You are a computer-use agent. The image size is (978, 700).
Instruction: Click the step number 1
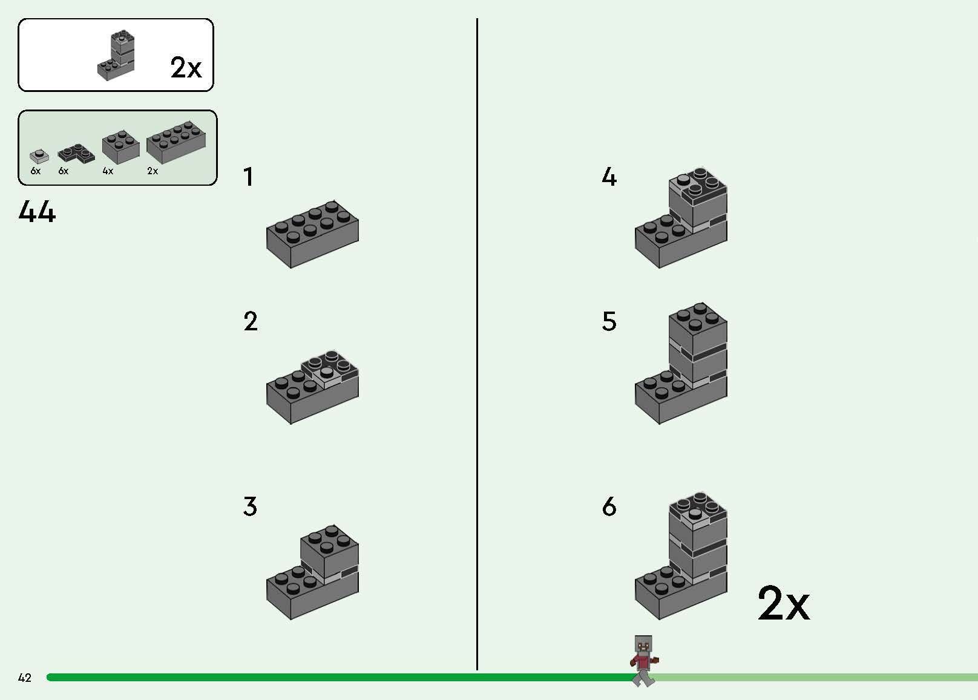[x=248, y=177]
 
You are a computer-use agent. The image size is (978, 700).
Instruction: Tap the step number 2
[x=251, y=321]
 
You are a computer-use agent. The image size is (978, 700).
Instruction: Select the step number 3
[x=250, y=506]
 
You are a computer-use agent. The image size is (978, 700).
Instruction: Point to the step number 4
[x=609, y=177]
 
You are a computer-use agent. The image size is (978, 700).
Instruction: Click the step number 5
[x=609, y=321]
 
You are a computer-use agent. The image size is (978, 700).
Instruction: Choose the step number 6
[x=609, y=506]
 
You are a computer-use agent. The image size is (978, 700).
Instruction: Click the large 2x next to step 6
[x=783, y=603]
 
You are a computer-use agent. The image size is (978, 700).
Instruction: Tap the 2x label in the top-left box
[x=186, y=68]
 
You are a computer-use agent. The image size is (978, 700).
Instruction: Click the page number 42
[x=25, y=678]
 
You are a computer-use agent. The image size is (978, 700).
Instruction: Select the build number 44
[x=38, y=212]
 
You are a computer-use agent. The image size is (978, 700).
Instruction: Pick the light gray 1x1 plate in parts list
[x=39, y=157]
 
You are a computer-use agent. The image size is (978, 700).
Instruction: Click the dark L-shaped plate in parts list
[x=76, y=154]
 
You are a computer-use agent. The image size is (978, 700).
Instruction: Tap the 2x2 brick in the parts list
[x=120, y=146]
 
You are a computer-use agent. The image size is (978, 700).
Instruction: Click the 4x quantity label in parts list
[x=108, y=171]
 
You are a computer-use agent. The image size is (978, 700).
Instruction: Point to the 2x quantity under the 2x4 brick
[x=153, y=171]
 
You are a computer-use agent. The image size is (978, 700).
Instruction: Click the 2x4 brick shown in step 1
[x=312, y=234]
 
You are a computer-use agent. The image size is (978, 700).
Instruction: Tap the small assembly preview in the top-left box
[x=116, y=54]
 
